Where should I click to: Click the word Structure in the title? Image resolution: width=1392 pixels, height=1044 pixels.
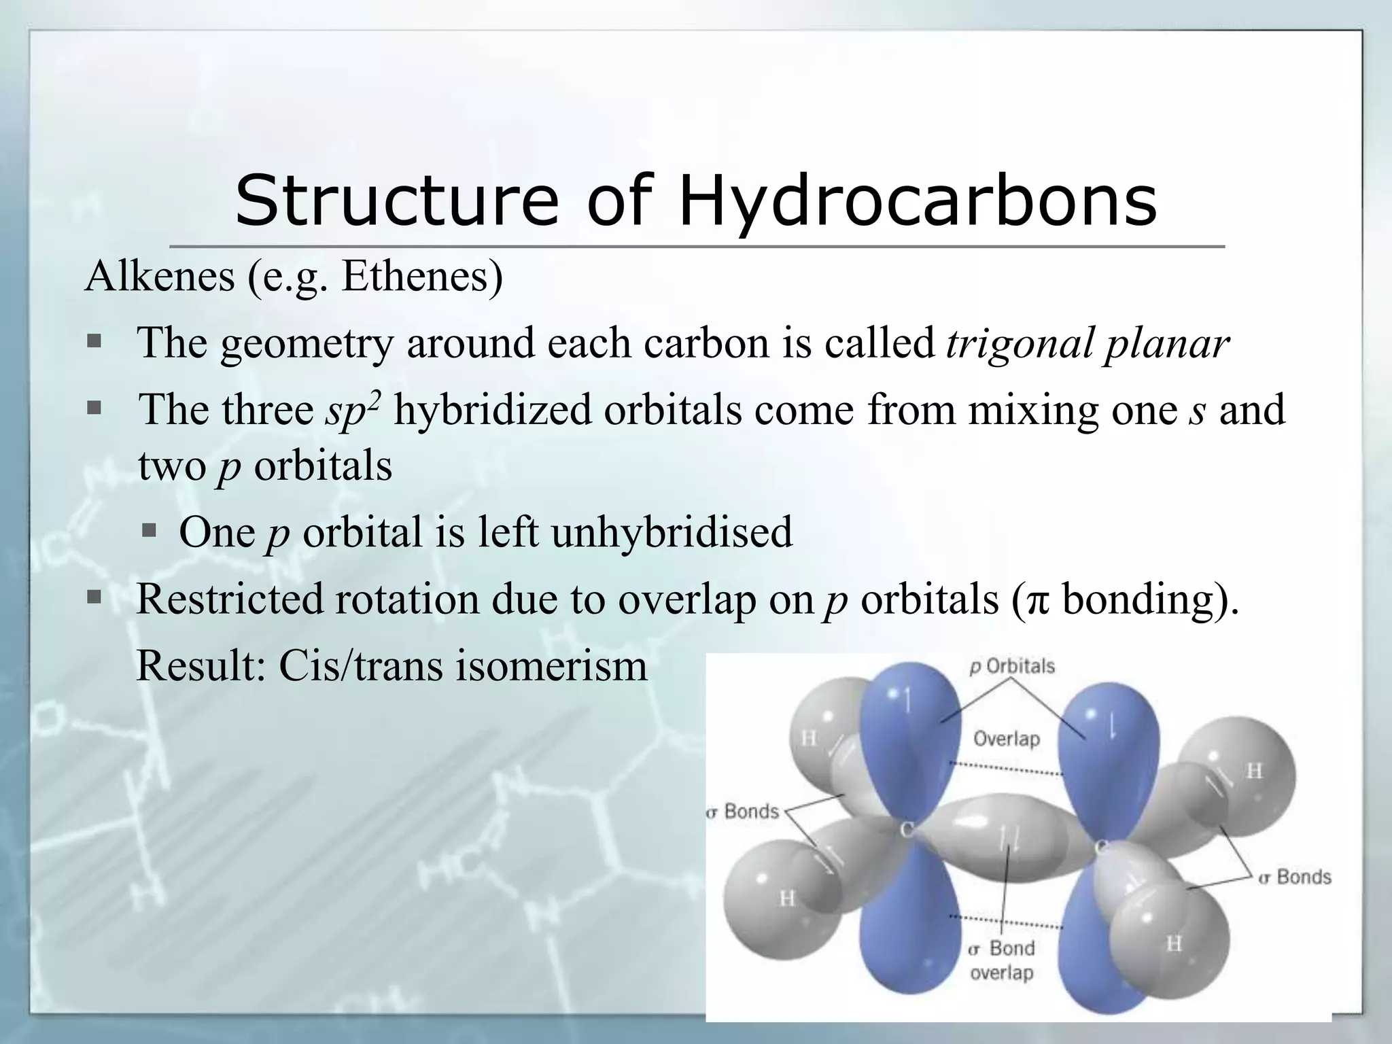click(x=396, y=201)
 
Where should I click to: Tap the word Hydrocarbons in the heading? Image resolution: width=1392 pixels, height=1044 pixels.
click(x=918, y=201)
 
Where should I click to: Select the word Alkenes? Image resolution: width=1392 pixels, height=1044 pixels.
click(x=160, y=277)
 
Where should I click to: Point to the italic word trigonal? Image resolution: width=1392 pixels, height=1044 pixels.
click(x=1019, y=343)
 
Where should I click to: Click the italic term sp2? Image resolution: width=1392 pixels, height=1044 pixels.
click(x=353, y=410)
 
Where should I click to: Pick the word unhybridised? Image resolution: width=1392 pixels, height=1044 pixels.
click(x=672, y=532)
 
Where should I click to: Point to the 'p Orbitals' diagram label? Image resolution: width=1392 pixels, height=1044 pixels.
click(x=1012, y=666)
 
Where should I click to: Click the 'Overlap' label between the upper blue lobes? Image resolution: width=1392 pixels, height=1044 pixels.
click(x=1007, y=738)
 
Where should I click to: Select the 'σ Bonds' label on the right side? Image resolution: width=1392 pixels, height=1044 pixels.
click(x=1294, y=877)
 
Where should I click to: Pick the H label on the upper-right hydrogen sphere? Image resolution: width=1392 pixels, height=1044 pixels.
click(x=1254, y=771)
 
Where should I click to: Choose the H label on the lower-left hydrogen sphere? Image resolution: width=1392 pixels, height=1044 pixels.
click(x=787, y=899)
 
